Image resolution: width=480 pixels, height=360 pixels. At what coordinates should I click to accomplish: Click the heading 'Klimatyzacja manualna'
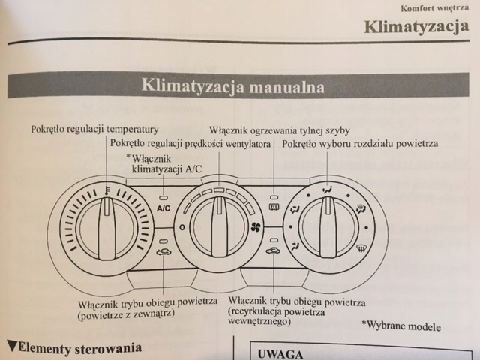click(233, 87)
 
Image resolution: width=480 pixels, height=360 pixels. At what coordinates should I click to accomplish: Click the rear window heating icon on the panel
click(274, 208)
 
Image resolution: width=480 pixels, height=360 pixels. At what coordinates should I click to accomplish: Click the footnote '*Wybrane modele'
click(401, 326)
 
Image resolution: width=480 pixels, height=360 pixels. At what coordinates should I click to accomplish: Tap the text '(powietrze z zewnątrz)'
click(126, 316)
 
